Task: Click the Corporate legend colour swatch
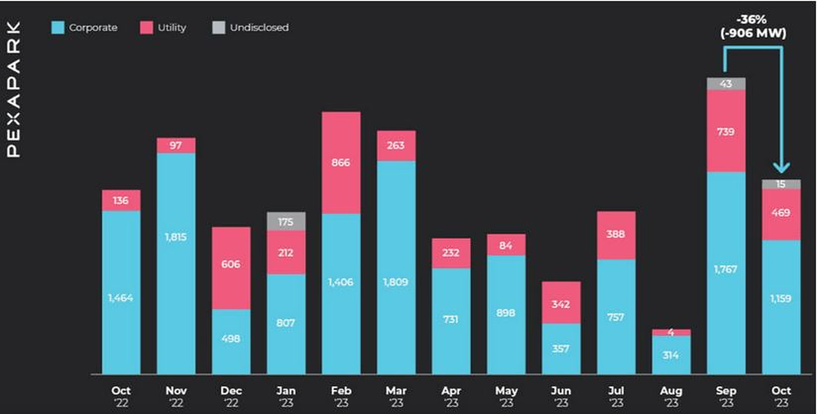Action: [58, 28]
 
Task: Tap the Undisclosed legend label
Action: [259, 28]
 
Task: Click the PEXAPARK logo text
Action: [13, 89]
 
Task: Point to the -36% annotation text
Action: [752, 20]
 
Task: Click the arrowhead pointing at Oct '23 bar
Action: [781, 168]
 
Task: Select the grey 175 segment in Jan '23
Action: [286, 221]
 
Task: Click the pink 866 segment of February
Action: [341, 162]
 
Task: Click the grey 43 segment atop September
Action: [726, 84]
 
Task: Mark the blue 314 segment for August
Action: [671, 355]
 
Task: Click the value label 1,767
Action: [726, 269]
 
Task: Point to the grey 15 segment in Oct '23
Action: [781, 184]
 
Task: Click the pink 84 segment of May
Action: [506, 245]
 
